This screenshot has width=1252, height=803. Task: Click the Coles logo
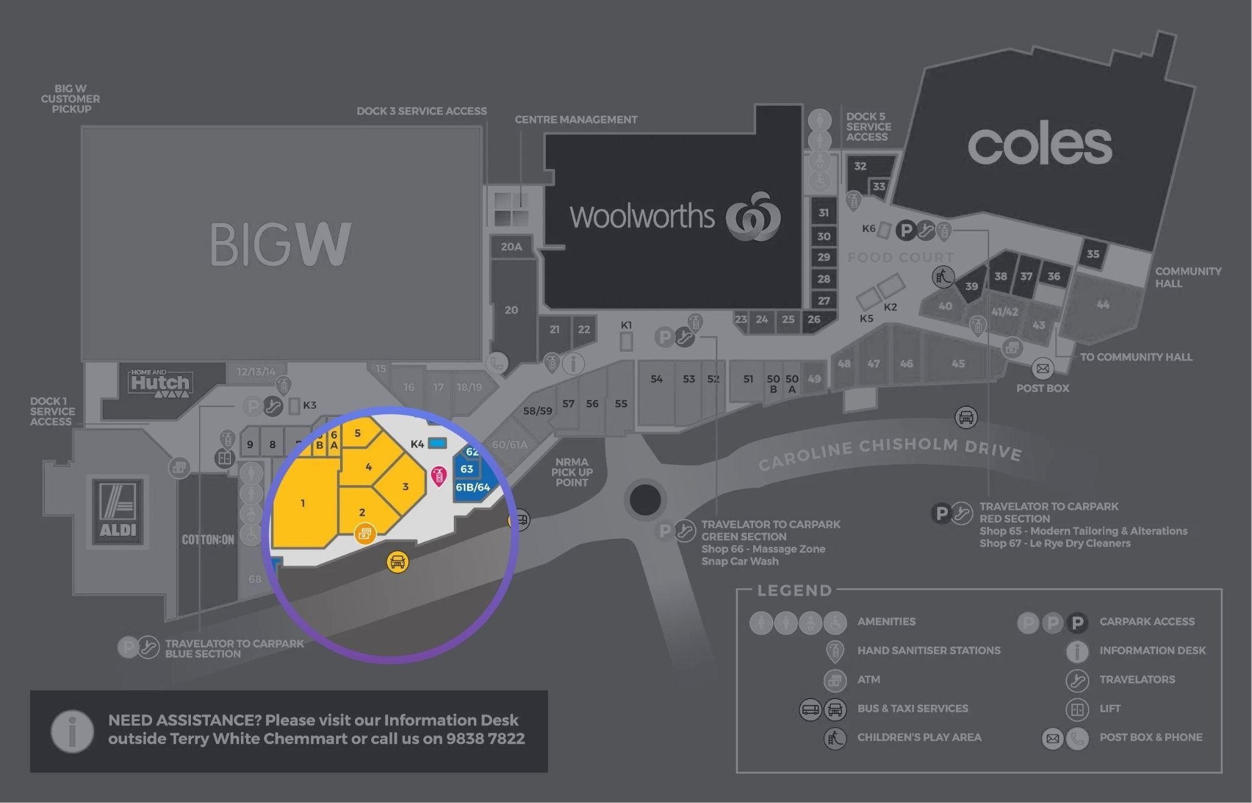[x=1040, y=145]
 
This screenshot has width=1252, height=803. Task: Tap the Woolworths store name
[x=642, y=217]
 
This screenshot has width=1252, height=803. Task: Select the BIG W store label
[x=280, y=244]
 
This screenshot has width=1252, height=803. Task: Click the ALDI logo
[x=118, y=511]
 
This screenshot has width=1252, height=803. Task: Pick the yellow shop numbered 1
[x=304, y=503]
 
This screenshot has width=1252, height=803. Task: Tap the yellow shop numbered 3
[x=404, y=486]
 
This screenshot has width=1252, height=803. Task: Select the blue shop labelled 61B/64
[x=473, y=488]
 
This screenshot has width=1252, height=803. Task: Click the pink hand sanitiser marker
[x=439, y=476]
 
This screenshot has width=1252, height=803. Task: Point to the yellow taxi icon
[x=398, y=561]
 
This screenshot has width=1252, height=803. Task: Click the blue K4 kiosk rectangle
[x=437, y=443]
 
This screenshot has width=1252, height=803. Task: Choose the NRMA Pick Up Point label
[x=572, y=473]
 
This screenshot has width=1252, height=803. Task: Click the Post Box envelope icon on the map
[x=1042, y=369]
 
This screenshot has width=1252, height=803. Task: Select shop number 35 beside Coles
[x=1093, y=254]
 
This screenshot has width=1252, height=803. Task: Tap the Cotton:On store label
[x=208, y=540]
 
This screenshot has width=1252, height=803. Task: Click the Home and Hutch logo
[x=160, y=383]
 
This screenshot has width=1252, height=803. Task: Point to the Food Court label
[x=900, y=257]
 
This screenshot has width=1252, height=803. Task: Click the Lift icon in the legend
[x=1077, y=709]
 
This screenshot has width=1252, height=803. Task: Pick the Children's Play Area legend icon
[x=835, y=738]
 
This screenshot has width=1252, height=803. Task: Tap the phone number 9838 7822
[x=485, y=739]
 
